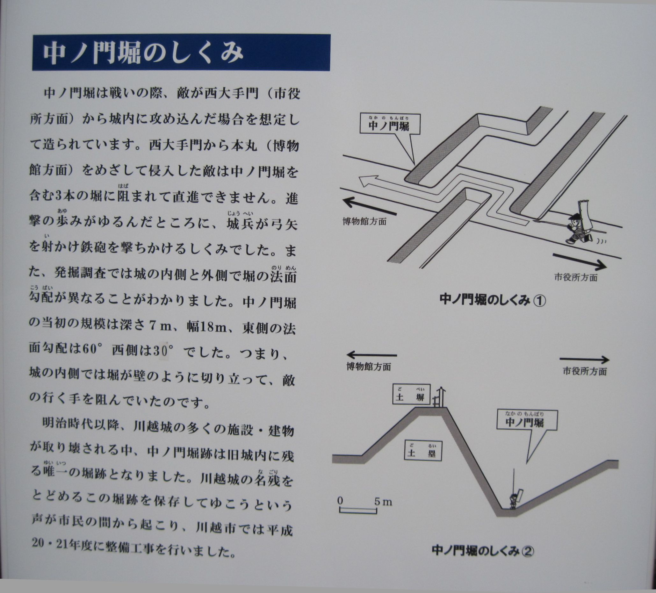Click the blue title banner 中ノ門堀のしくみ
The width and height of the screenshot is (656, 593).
coord(181,52)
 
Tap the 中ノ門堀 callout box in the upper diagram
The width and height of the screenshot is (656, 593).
coord(390,124)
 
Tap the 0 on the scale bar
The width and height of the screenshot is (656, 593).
coord(340,501)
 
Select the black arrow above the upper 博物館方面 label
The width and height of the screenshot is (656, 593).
coord(370,207)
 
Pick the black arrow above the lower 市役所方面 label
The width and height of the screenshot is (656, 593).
coord(584,360)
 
